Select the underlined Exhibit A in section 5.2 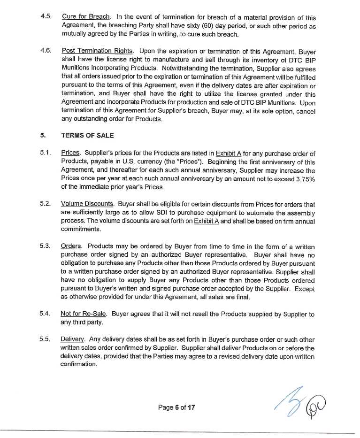[x=206, y=221]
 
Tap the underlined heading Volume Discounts [x=88, y=204]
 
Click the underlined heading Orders [x=72, y=246]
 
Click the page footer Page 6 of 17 [x=176, y=407]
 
